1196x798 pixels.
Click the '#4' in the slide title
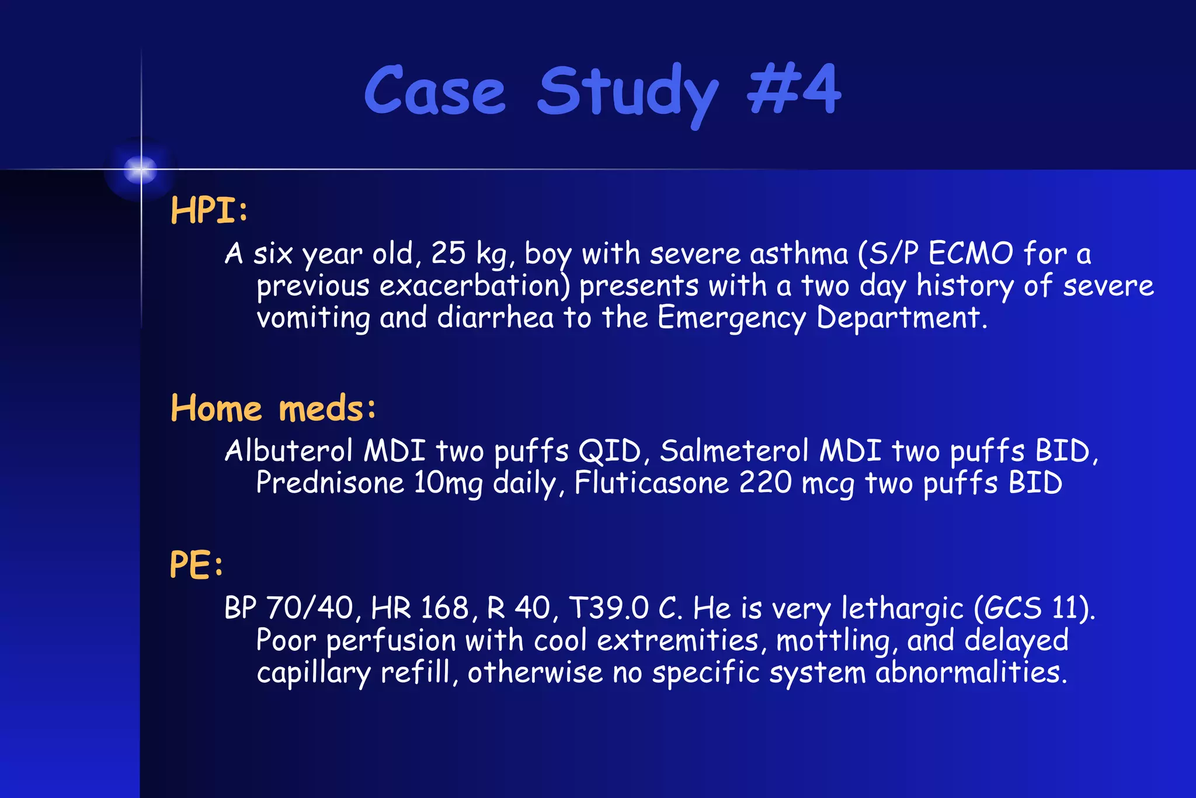click(794, 91)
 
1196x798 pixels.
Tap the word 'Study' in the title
click(628, 93)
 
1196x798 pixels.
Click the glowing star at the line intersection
click(141, 170)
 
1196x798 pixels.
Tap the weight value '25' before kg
click(448, 254)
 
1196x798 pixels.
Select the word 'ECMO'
click(971, 254)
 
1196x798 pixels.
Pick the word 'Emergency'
click(731, 318)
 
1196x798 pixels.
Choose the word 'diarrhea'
click(495, 318)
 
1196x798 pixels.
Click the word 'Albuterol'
click(289, 451)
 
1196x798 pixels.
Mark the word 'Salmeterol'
click(735, 451)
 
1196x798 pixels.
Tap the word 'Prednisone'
click(330, 484)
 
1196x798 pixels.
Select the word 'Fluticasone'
click(652, 484)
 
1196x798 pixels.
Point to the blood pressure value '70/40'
click(310, 608)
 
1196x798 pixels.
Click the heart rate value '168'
click(444, 608)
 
